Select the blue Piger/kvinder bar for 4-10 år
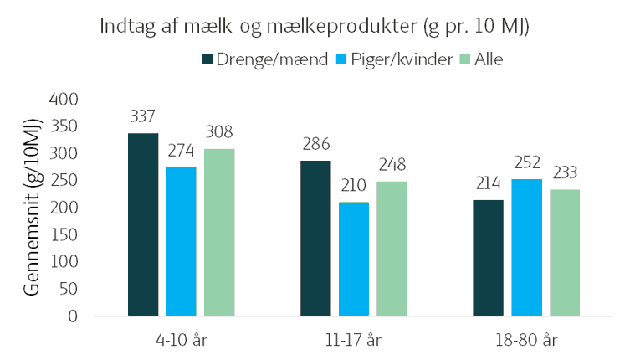(182, 242)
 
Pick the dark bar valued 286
(315, 239)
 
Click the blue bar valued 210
(354, 260)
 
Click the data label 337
(143, 116)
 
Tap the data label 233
(565, 172)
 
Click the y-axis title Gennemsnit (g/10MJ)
(31, 207)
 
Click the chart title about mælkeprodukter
(315, 26)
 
